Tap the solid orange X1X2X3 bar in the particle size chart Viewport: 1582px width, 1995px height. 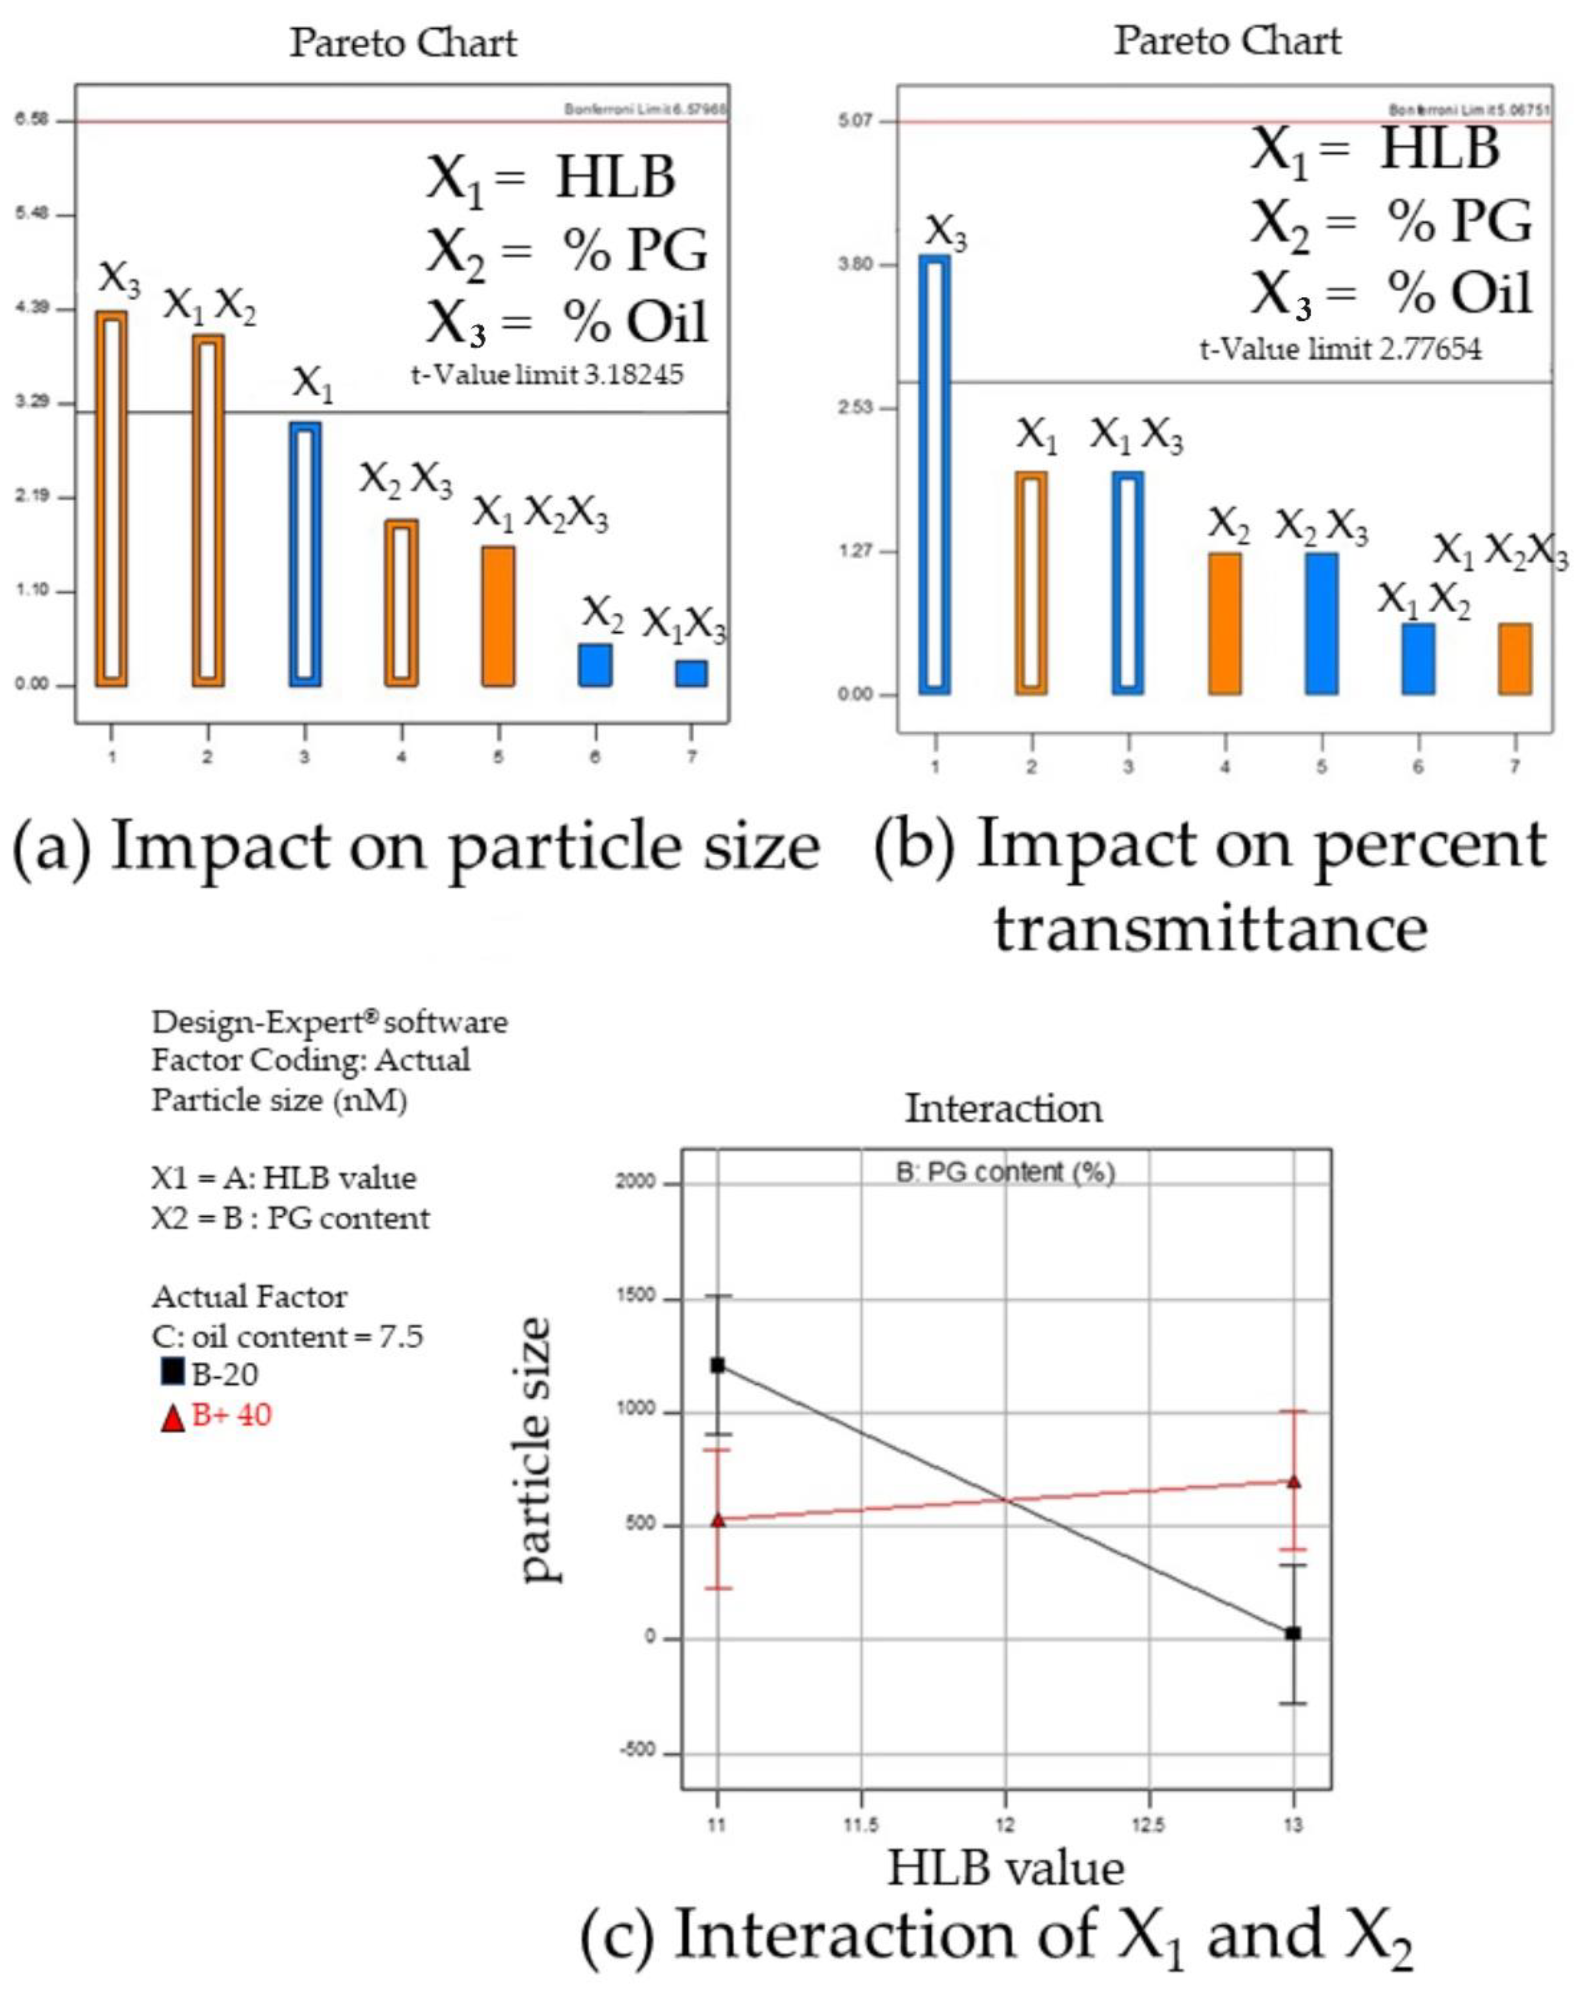[498, 615]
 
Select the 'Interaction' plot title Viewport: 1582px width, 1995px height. [1004, 1109]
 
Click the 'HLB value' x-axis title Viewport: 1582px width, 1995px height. [1006, 1868]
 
